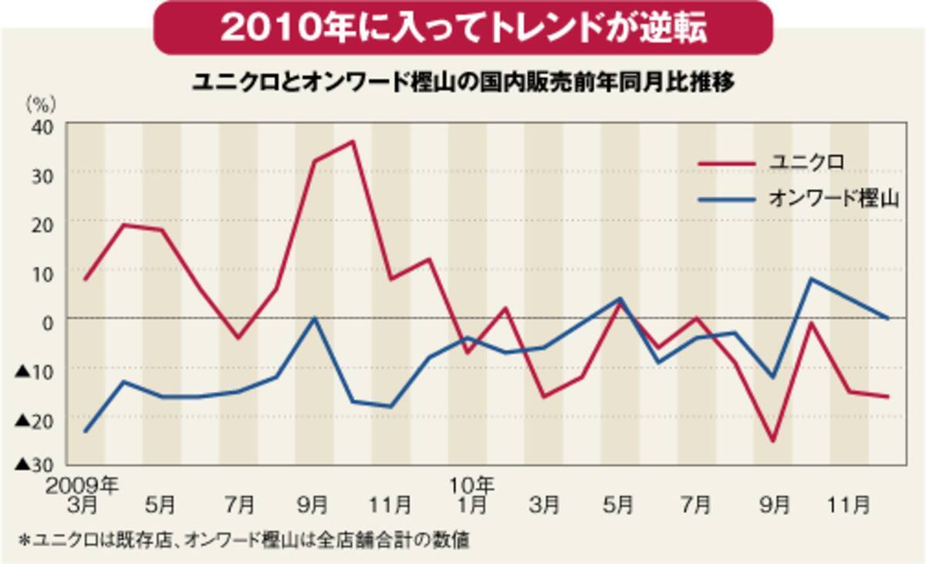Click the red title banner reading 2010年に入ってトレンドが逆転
coord(463,28)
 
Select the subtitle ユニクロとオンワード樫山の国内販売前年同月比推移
coord(462,81)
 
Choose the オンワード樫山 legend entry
coord(834,198)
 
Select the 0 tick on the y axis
coord(46,319)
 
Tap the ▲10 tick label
coord(33,370)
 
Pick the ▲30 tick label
coord(33,464)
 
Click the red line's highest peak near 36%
coord(353,141)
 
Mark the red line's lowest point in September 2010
coord(772,441)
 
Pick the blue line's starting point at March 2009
coord(85,431)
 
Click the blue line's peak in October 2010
coord(810,279)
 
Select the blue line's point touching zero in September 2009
coord(314,318)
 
